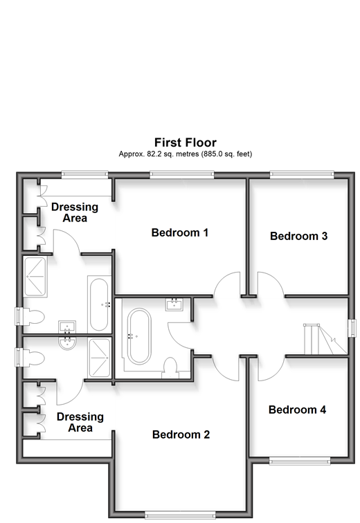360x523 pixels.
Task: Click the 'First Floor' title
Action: tap(185, 143)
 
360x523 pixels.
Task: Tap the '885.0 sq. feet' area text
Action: tap(226, 154)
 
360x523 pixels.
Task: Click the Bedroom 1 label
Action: tap(180, 232)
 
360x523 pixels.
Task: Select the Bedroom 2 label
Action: tap(181, 434)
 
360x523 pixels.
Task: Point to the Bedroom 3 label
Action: tap(298, 236)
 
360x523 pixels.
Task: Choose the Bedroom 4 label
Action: tap(297, 410)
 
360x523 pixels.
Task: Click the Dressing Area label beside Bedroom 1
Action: tap(75, 212)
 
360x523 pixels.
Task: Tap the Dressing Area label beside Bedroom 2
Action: tap(80, 422)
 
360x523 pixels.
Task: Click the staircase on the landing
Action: tap(325, 339)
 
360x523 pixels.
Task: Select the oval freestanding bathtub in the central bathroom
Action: tap(139, 336)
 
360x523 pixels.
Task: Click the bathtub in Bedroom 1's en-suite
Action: tap(99, 304)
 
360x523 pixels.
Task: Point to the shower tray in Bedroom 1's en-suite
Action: tap(35, 277)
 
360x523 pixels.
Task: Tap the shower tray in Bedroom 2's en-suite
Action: tap(99, 358)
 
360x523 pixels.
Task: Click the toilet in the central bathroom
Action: tap(170, 368)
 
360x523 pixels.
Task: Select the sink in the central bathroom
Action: tap(174, 304)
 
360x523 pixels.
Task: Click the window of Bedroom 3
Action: tap(302, 174)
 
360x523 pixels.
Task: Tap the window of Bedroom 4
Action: tap(300, 461)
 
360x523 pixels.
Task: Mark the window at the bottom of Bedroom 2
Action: tap(181, 515)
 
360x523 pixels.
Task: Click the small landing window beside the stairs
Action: tap(352, 328)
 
